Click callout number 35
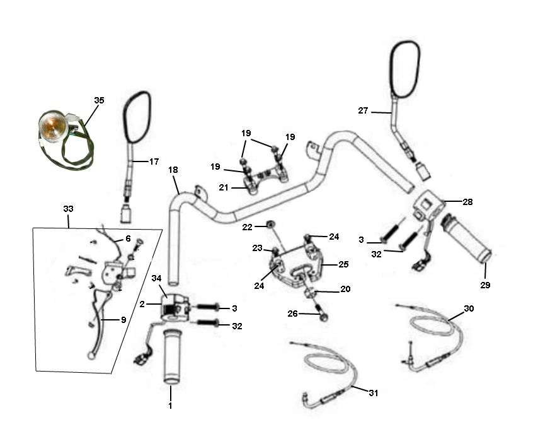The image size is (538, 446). click(x=100, y=100)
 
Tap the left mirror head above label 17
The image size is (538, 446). click(x=137, y=117)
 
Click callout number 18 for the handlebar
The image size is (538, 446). click(x=174, y=170)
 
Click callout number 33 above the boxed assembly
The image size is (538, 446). click(x=68, y=208)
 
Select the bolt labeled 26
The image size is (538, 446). click(x=322, y=314)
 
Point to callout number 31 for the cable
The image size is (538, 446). click(x=374, y=392)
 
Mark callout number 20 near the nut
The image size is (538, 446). click(x=345, y=288)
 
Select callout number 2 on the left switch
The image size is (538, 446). click(x=142, y=303)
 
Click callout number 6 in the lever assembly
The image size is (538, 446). click(x=128, y=238)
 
